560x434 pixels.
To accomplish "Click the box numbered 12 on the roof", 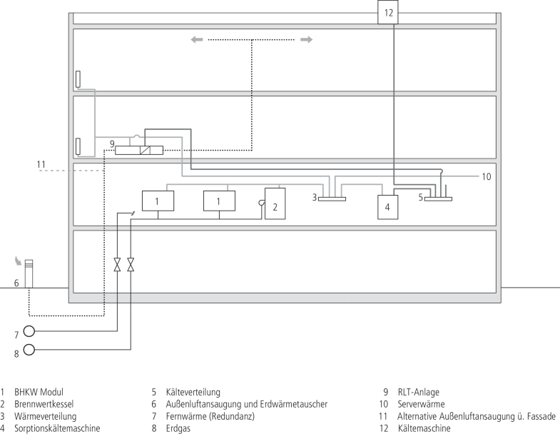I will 388,12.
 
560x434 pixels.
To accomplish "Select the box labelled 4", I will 387,206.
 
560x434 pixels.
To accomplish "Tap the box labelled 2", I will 275,203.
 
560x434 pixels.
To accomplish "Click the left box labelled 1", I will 158,202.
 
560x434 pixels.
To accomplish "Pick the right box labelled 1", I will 219,202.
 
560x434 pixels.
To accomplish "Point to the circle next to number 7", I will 29,331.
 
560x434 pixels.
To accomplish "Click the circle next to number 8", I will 29,349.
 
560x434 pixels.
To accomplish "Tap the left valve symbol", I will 118,265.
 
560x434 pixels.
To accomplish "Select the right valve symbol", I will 131,265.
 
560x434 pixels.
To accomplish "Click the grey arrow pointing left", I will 196,40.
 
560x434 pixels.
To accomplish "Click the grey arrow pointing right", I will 306,40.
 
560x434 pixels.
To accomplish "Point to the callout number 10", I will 487,176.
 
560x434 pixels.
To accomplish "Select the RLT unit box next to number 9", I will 139,150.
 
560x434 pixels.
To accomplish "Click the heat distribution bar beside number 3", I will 332,198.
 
